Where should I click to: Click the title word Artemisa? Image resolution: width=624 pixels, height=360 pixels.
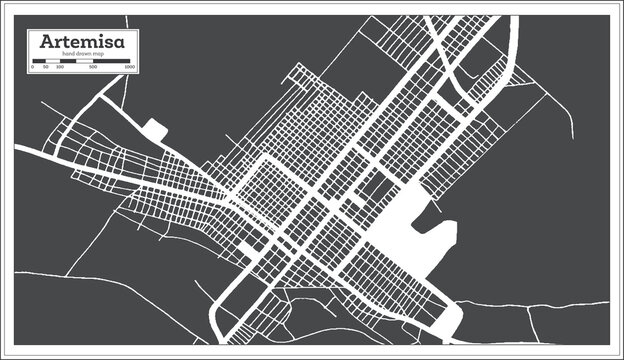(83, 43)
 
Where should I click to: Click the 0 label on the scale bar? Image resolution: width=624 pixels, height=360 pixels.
(34, 68)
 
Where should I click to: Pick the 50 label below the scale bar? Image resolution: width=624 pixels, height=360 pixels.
(46, 68)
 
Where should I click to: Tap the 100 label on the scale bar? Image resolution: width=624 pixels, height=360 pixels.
(60, 68)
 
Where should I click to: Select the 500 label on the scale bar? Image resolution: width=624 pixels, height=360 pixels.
(93, 68)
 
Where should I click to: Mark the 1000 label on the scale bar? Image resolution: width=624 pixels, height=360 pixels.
(130, 68)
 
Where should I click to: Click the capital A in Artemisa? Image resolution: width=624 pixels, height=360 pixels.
(47, 43)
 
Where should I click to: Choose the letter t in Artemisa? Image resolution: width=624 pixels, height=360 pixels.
(68, 43)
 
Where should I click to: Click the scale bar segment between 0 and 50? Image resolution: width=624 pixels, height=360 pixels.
(40, 62)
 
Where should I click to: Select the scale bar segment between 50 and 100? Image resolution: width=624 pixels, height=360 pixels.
(53, 62)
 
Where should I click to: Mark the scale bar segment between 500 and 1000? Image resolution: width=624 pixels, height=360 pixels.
(112, 62)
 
